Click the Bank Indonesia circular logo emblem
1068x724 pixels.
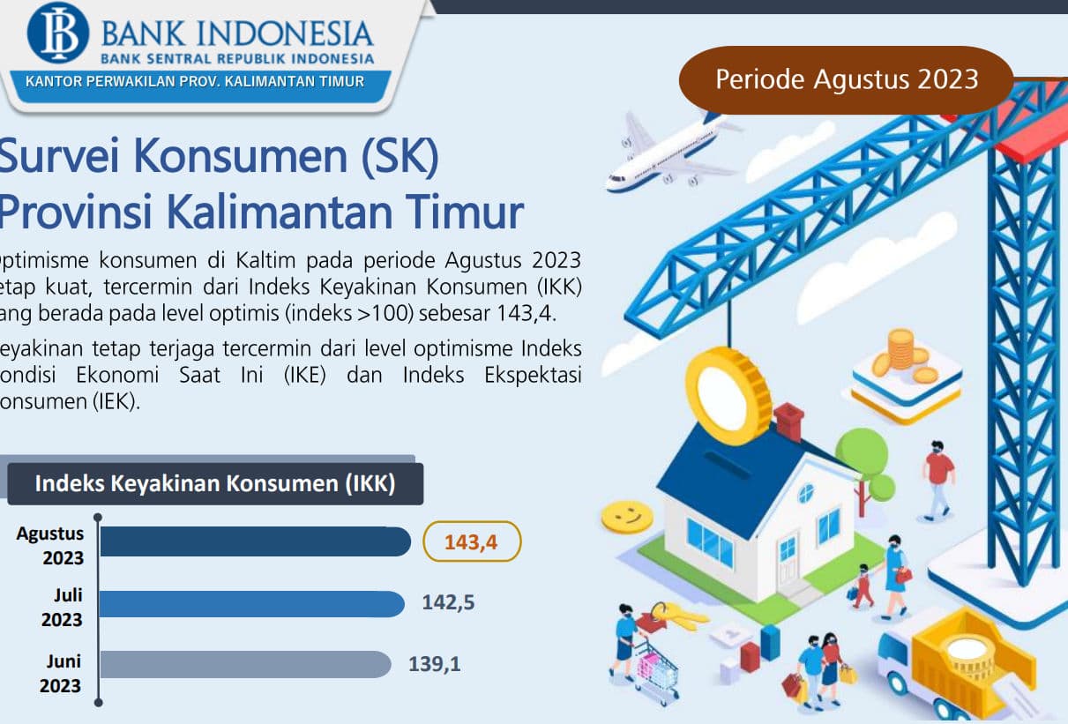coord(58,33)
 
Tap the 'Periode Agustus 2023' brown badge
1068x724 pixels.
coord(846,79)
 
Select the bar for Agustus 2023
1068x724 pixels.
coord(255,541)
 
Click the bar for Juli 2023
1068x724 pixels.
coord(251,603)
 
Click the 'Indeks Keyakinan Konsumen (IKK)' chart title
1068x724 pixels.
coord(214,483)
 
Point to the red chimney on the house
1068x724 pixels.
coord(788,422)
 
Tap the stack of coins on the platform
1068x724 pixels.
coord(900,349)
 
